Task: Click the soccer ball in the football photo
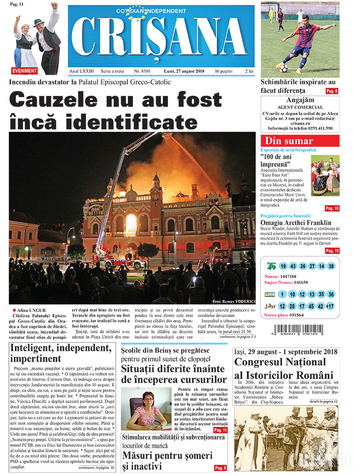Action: [283, 68]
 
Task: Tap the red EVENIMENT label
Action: [25, 71]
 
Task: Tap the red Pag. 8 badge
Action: [332, 91]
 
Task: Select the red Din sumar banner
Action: [300, 140]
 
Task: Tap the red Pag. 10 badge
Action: [332, 208]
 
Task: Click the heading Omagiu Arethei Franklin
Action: [296, 222]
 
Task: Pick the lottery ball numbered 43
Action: [293, 266]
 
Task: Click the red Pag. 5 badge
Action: [220, 468]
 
